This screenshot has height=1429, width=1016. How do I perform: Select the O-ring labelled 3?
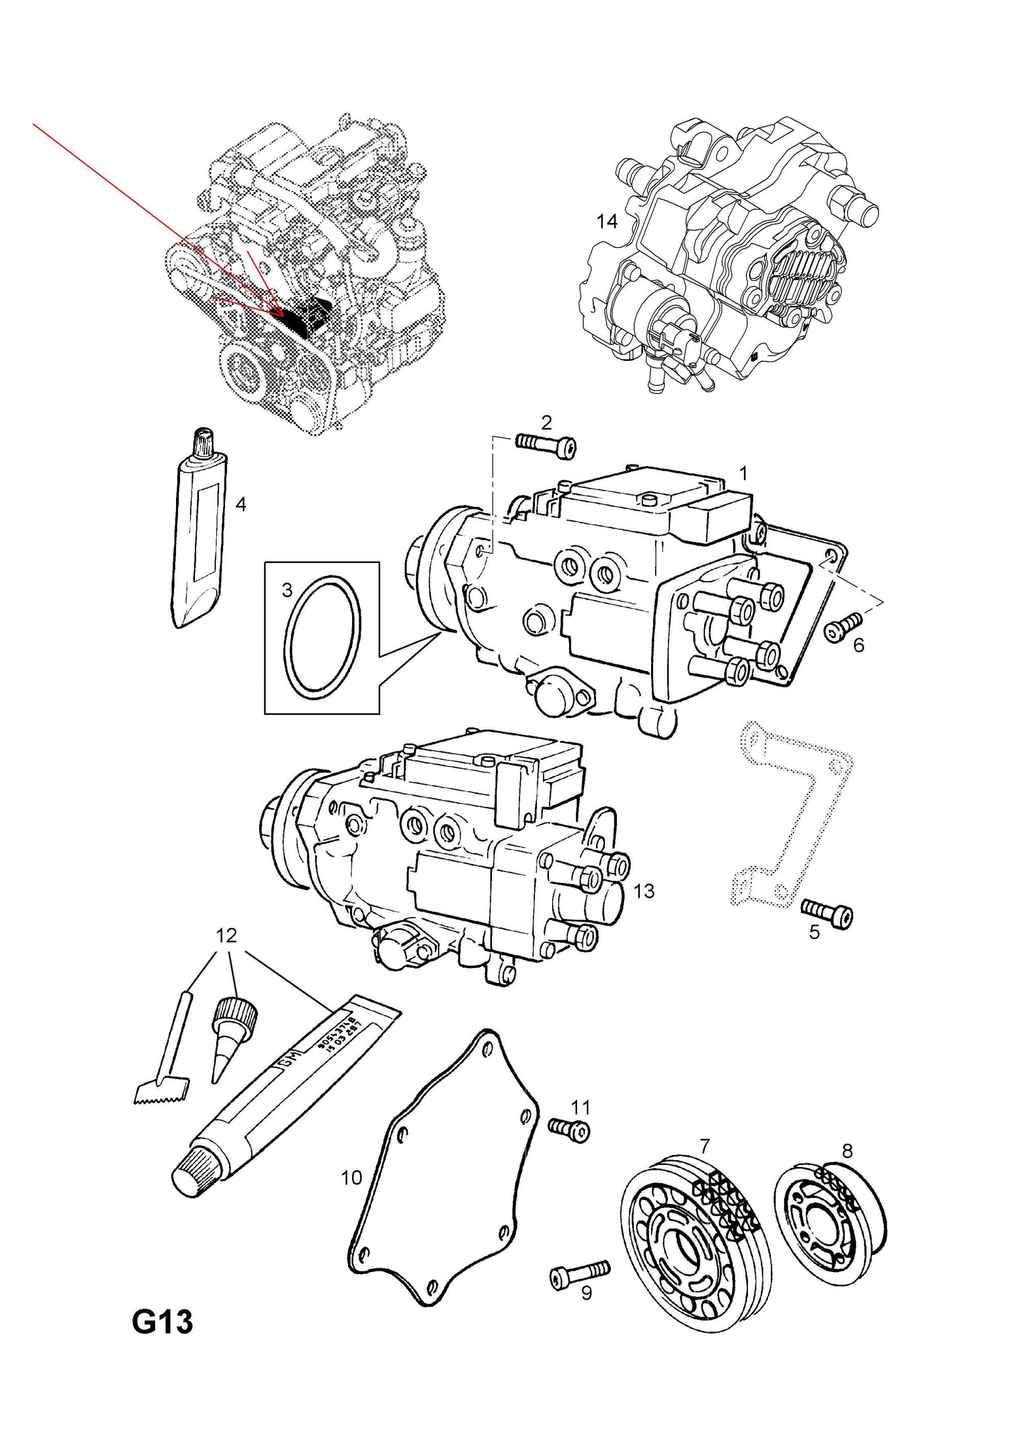[321, 636]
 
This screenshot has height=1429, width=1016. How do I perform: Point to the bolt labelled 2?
[545, 445]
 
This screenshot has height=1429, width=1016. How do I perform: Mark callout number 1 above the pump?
[743, 473]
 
